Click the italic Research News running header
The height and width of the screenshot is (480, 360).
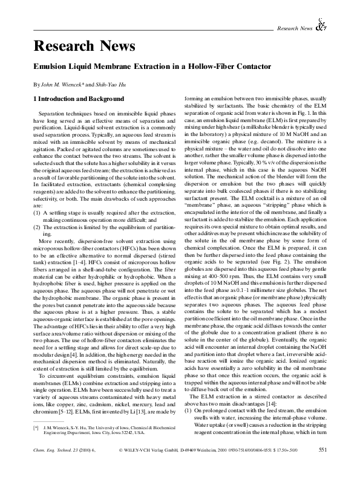click(294, 28)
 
